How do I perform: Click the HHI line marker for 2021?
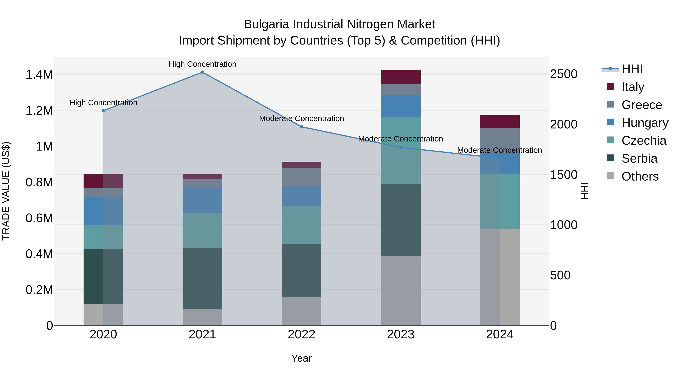point(202,72)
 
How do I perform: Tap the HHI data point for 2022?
point(302,127)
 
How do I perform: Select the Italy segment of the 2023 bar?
point(400,77)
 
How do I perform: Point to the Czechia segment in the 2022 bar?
point(302,225)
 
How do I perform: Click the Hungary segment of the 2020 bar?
point(103,211)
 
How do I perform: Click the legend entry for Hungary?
point(645,123)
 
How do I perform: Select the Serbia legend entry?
point(639,158)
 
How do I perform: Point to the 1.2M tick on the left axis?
point(39,111)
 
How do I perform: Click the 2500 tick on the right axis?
point(564,74)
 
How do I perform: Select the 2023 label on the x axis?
point(400,334)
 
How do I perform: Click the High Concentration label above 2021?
point(202,64)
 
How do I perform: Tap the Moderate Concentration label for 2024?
point(499,150)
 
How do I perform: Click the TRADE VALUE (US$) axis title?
point(6,191)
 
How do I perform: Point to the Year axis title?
point(302,358)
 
